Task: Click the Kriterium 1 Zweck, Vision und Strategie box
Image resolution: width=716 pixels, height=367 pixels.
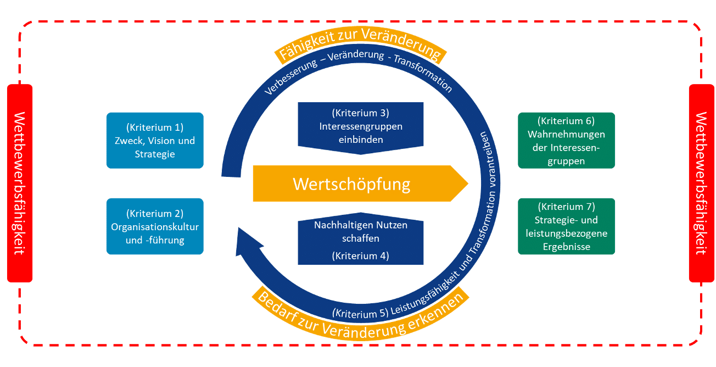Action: [154, 141]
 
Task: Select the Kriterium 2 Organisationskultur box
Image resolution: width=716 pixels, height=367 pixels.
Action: [154, 226]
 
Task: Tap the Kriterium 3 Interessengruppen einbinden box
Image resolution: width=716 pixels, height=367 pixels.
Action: [360, 127]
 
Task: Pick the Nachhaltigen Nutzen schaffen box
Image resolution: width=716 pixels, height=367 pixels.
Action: [360, 240]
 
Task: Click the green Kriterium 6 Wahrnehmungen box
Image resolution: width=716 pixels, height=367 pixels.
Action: [566, 141]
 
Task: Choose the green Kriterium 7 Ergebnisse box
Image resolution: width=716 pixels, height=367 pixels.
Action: [566, 226]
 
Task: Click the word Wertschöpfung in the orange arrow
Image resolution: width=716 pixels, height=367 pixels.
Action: [351, 183]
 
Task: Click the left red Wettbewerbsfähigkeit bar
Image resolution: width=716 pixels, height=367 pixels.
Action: [20, 183]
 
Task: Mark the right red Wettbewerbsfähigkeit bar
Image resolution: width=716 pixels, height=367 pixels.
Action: [701, 183]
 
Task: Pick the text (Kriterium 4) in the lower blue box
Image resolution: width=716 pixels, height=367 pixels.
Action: [360, 255]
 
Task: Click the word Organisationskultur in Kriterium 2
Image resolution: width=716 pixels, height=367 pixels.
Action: [154, 226]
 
